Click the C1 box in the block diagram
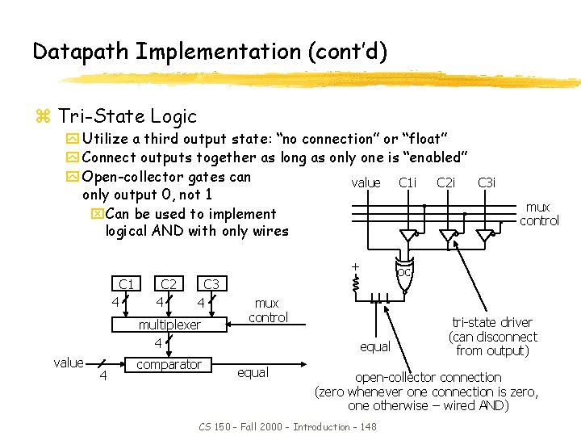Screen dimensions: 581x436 pyautogui.click(x=127, y=284)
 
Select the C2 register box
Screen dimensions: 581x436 pyautogui.click(x=169, y=284)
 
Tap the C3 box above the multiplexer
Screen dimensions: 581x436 pyautogui.click(x=211, y=284)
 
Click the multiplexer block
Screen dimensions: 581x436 pyautogui.click(x=169, y=325)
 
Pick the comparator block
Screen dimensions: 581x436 pyautogui.click(x=169, y=364)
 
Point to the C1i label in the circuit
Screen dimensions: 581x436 pyautogui.click(x=408, y=183)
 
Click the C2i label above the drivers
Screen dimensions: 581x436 pyautogui.click(x=445, y=183)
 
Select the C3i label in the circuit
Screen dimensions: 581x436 pyautogui.click(x=487, y=183)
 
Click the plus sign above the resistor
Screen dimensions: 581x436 pyautogui.click(x=353, y=266)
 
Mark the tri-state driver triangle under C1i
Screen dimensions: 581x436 pyautogui.click(x=409, y=236)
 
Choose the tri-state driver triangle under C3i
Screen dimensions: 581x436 pyautogui.click(x=485, y=236)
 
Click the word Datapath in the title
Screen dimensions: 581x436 pyautogui.click(x=81, y=52)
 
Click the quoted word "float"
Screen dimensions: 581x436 pyautogui.click(x=424, y=140)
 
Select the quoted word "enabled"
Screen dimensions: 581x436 pyautogui.click(x=434, y=157)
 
